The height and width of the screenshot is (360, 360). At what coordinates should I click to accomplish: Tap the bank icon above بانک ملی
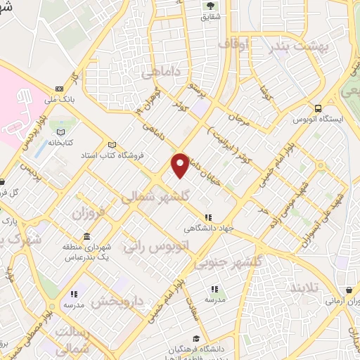[59, 89]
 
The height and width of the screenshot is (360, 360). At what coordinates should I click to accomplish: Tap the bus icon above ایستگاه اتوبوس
[319, 108]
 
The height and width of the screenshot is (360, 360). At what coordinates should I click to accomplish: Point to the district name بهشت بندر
[297, 47]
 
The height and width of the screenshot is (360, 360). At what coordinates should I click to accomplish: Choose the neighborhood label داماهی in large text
[159, 72]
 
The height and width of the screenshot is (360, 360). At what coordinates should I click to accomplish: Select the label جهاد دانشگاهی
[204, 229]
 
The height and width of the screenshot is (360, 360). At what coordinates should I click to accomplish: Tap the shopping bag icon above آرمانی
[349, 290]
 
